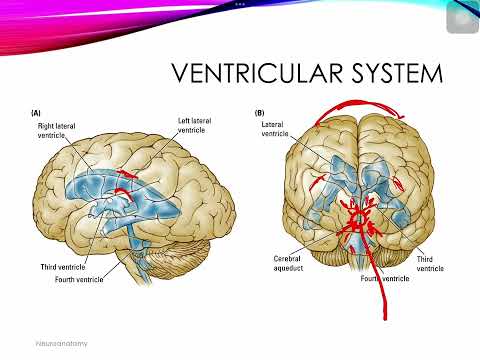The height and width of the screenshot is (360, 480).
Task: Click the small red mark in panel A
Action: click(x=127, y=179)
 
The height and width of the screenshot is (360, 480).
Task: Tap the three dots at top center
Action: click(x=240, y=3)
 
